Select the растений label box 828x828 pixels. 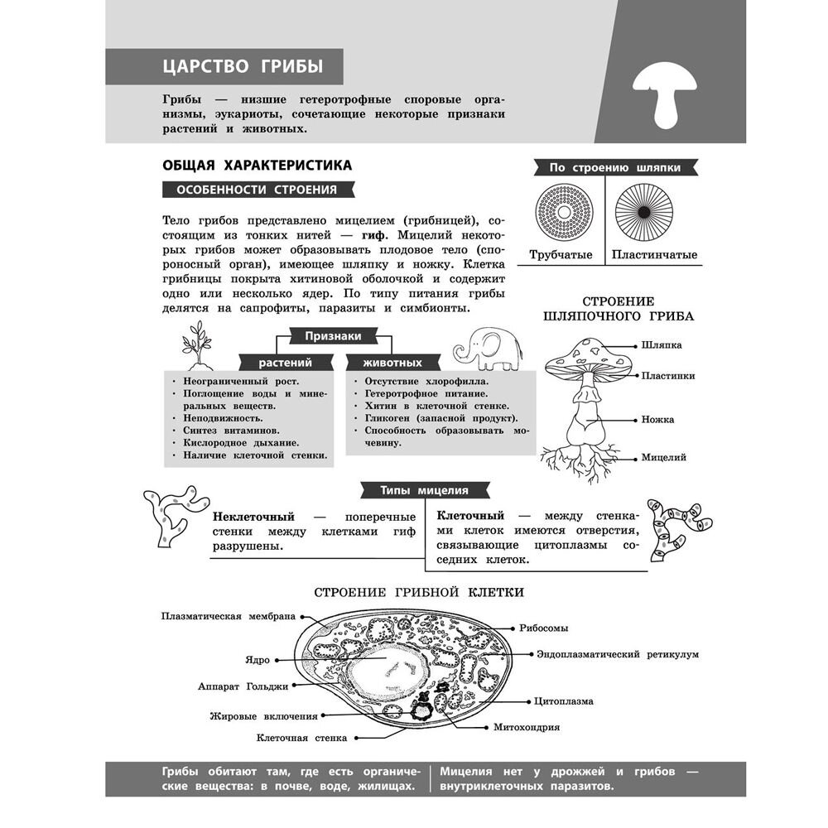(285, 363)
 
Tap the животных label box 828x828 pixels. (382, 363)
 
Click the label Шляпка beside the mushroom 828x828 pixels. (661, 344)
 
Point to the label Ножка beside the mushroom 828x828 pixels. (657, 419)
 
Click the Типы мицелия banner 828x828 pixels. (424, 489)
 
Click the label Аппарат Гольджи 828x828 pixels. (243, 686)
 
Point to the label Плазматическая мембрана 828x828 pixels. (228, 616)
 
